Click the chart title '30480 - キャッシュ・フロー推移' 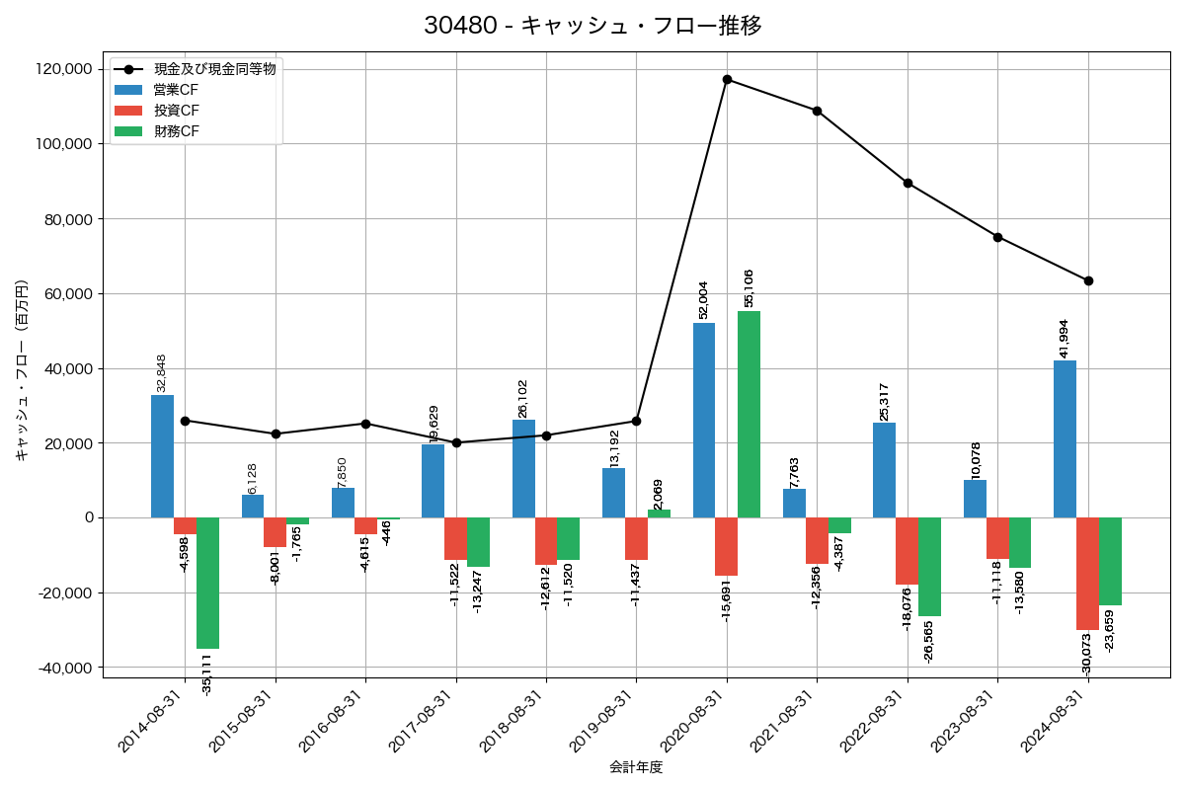pos(592,26)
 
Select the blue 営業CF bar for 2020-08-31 pos(704,420)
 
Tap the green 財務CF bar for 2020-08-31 pos(749,415)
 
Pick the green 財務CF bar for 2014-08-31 pos(207,583)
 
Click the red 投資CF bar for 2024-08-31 pos(1087,574)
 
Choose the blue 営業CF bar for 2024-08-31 pos(1065,439)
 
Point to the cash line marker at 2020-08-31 pos(727,79)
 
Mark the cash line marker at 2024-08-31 pos(1088,280)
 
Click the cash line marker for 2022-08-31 pos(908,183)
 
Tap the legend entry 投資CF pos(177,110)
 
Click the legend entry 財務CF pos(177,130)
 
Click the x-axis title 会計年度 pos(636,767)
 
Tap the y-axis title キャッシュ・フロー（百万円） pos(21,371)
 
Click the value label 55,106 pos(749,287)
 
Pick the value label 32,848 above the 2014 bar pos(162,372)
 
